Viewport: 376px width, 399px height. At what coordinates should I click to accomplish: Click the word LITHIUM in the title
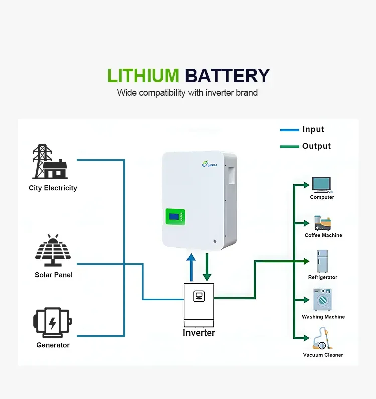click(x=143, y=76)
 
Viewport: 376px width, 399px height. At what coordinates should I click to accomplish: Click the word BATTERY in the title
click(x=227, y=76)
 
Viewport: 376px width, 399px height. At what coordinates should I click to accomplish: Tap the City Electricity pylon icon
click(x=50, y=162)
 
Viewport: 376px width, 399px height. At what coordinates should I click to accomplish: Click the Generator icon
click(x=52, y=322)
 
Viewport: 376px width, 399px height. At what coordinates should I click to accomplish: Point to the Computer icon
click(x=321, y=184)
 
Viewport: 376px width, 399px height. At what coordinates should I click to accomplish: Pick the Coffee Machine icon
click(x=322, y=223)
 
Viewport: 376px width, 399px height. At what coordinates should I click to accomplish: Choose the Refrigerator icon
click(x=322, y=261)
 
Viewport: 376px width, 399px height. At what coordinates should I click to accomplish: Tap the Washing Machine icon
click(x=322, y=300)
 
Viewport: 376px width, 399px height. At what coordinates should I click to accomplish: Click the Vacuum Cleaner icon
click(x=321, y=338)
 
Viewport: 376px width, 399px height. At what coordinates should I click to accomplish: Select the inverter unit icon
click(x=199, y=304)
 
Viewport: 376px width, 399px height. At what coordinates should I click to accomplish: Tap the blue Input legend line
click(x=289, y=130)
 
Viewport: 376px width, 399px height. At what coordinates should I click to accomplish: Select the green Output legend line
click(x=289, y=146)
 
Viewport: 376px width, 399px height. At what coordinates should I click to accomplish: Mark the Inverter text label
click(x=199, y=333)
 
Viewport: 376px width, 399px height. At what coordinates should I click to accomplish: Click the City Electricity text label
click(x=53, y=188)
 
